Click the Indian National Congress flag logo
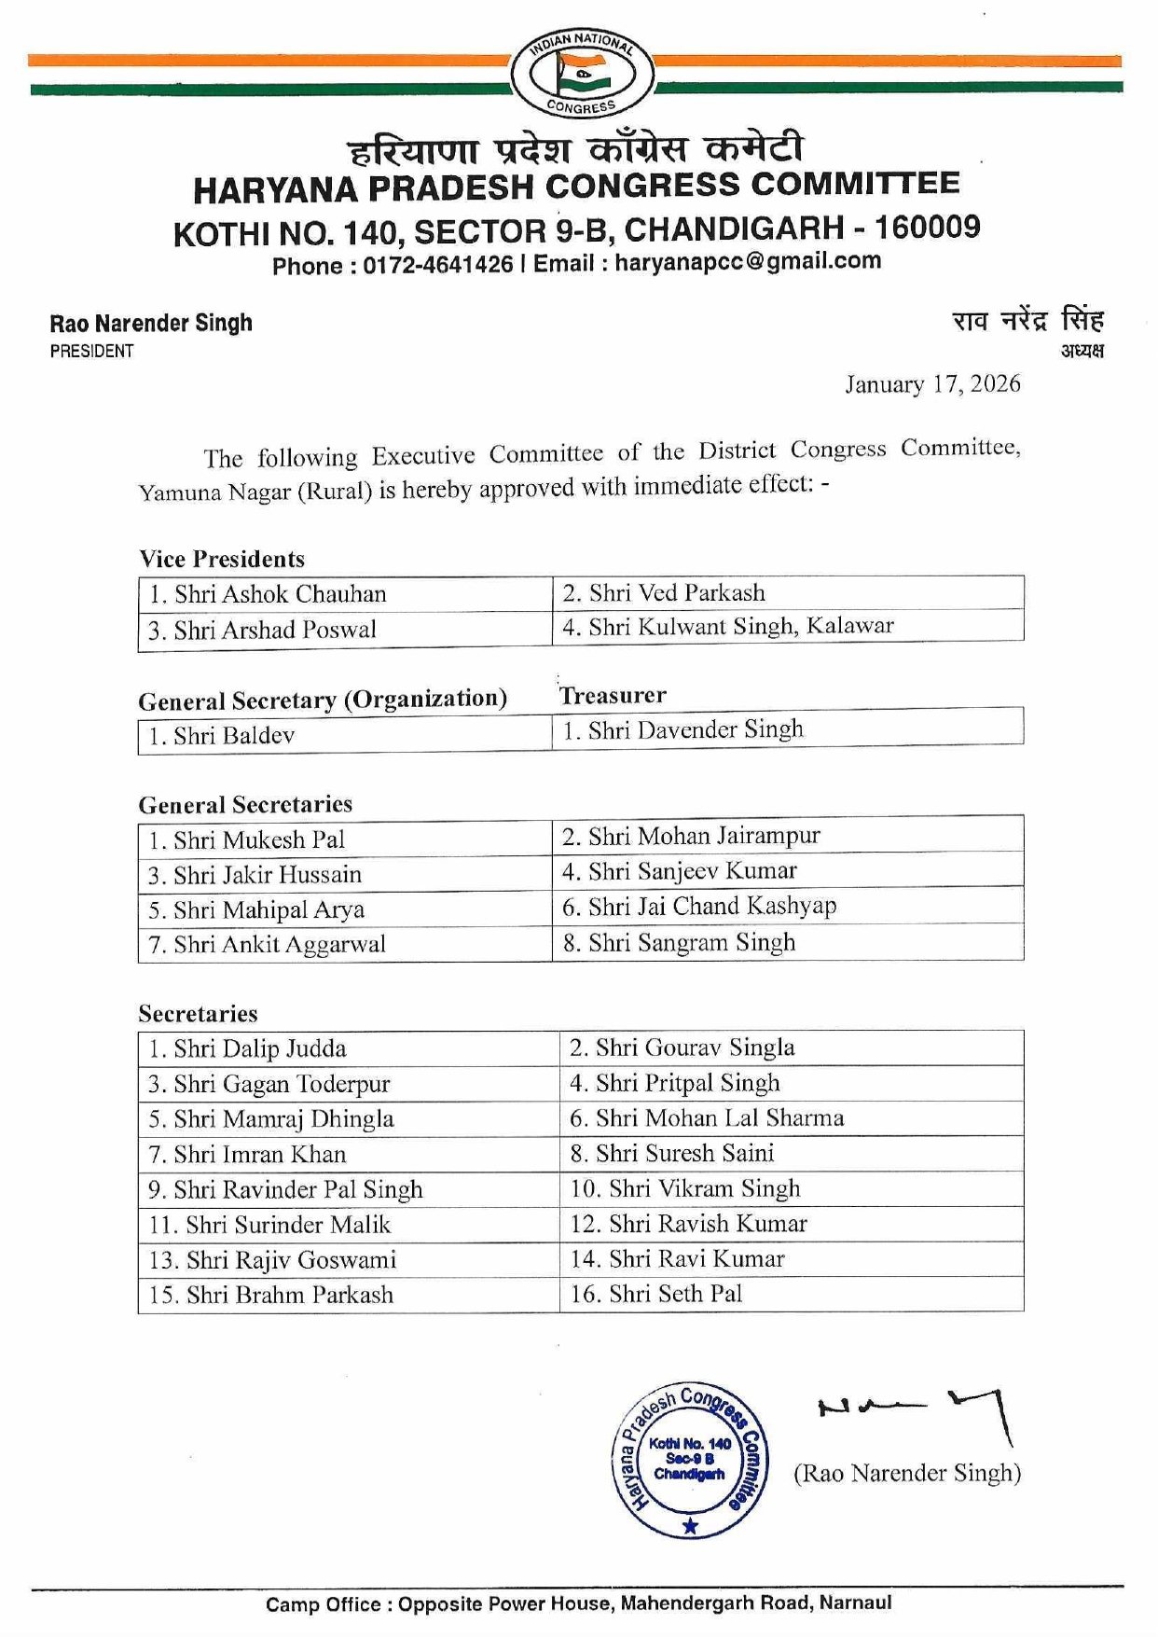[582, 73]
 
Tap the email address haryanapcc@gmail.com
[747, 261]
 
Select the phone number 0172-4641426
[437, 265]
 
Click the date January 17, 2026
[931, 384]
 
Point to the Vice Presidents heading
[222, 559]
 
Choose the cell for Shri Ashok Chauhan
[345, 594]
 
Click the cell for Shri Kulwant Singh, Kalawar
[788, 626]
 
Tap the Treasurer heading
[613, 695]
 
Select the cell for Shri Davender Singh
[788, 729]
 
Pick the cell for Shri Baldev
[345, 736]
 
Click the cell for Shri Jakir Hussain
[345, 875]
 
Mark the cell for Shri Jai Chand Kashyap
[788, 906]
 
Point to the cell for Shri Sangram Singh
[788, 942]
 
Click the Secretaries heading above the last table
[198, 1014]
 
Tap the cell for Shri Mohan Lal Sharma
[791, 1118]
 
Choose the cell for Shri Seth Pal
[791, 1294]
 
